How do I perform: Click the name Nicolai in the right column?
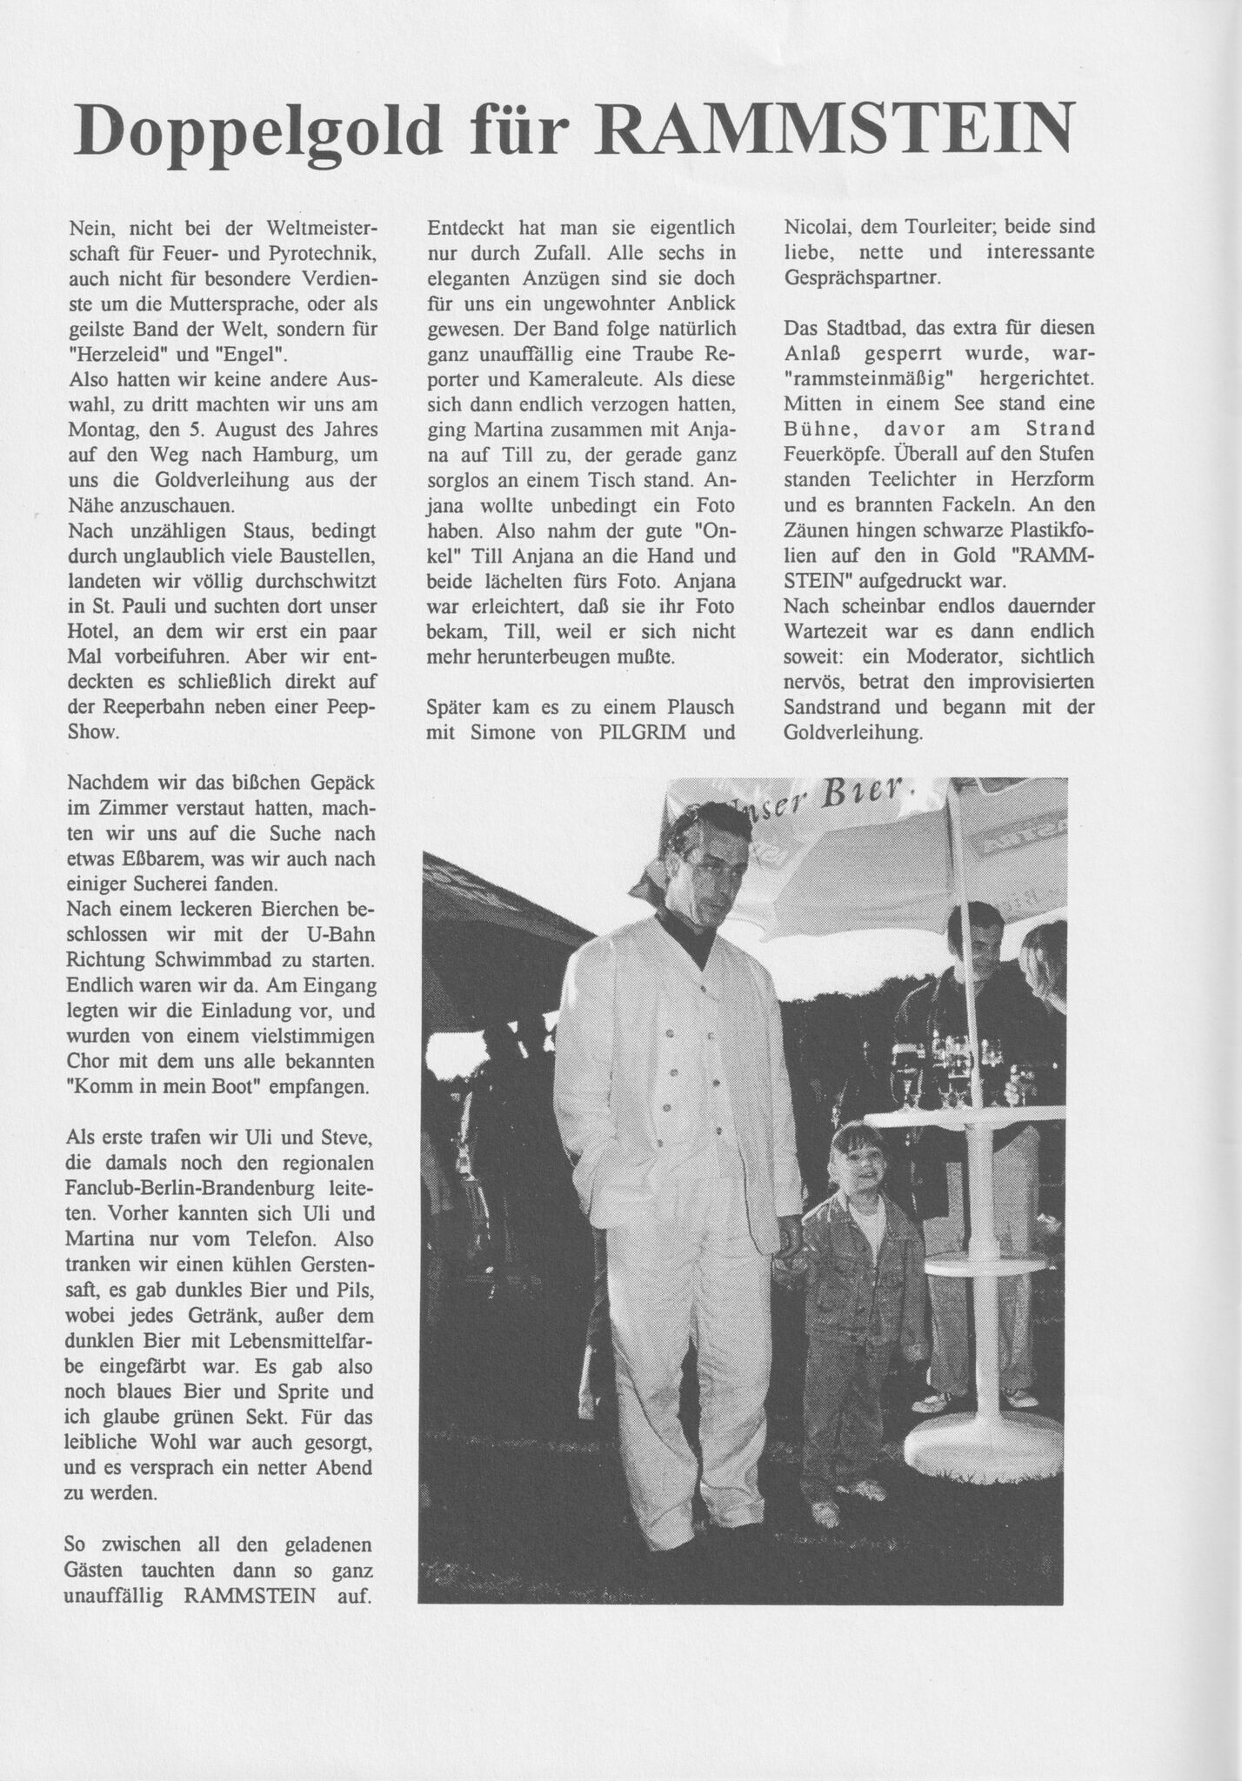point(818,228)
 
